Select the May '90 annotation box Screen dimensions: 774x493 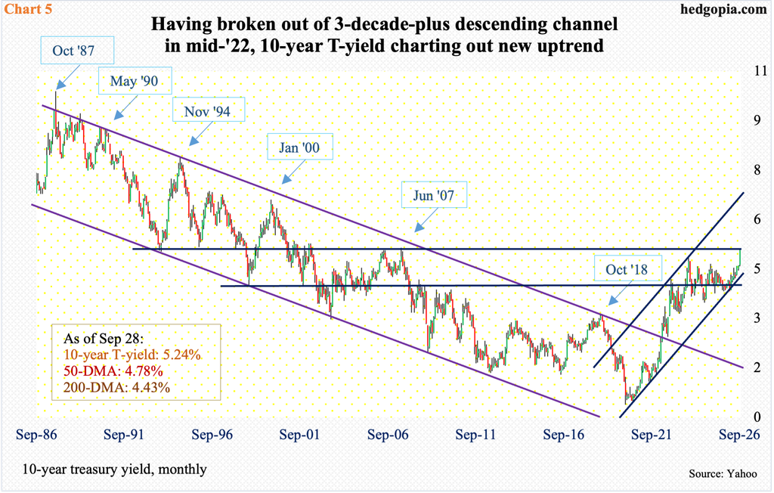coord(135,80)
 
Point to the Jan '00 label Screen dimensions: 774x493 coord(299,147)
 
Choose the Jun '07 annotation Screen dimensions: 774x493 coord(433,195)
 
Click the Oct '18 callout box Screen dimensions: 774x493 coord(627,269)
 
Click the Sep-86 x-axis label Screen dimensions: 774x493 coord(36,435)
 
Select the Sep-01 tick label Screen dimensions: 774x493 coord(299,435)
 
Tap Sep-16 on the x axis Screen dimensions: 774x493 coord(563,435)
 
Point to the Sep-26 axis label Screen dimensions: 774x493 coord(739,435)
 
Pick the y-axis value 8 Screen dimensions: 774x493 coord(757,169)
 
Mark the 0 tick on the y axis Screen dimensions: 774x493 coord(757,417)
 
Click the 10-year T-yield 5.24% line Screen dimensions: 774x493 coord(132,354)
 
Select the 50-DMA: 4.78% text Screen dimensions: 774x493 coord(113,371)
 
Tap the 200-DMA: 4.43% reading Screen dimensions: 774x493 coord(117,387)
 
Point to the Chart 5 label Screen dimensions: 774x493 coord(28,9)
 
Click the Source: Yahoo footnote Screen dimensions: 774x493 coord(723,474)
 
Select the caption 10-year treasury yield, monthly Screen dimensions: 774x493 coord(114,470)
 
